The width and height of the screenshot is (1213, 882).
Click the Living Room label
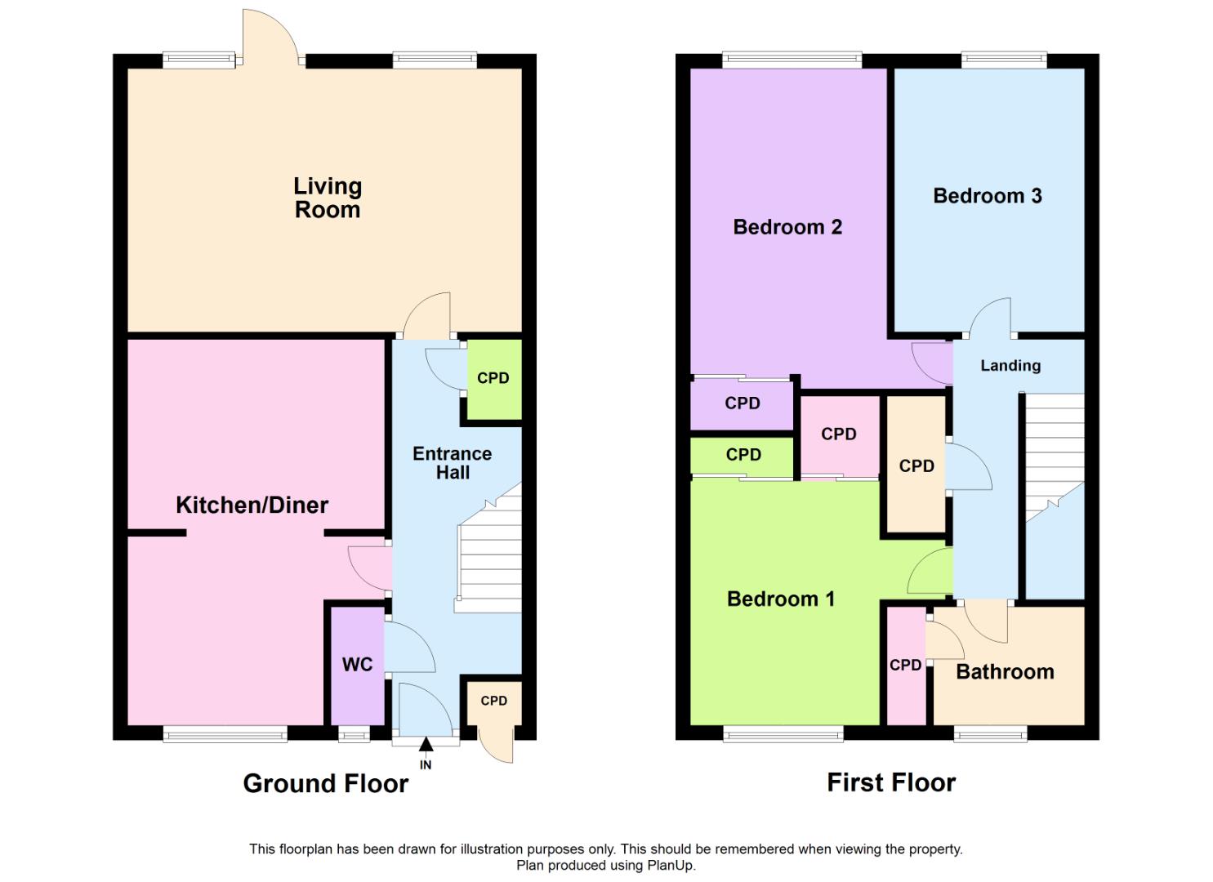click(x=328, y=198)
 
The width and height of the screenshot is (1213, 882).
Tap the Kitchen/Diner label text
click(x=252, y=506)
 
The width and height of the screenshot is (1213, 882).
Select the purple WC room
click(x=358, y=666)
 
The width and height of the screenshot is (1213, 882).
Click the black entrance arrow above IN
click(x=426, y=745)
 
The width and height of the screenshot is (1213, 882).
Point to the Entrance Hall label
click(x=453, y=463)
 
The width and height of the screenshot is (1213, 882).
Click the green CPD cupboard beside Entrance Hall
click(x=494, y=379)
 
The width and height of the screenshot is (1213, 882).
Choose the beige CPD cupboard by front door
click(x=494, y=703)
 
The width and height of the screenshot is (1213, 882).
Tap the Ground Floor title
click(x=325, y=783)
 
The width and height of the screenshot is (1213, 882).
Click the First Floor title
click(x=891, y=782)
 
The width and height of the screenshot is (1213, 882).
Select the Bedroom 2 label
click(x=787, y=227)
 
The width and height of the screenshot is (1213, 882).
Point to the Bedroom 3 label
click(x=988, y=195)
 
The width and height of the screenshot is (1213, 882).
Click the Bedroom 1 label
click(x=780, y=599)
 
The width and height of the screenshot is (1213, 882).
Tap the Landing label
click(x=1010, y=366)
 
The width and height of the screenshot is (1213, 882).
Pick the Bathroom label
click(x=1005, y=671)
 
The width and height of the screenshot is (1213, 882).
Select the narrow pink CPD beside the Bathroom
click(x=907, y=666)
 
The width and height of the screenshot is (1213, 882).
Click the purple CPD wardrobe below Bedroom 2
click(x=742, y=403)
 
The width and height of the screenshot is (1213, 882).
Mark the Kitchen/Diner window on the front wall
click(x=225, y=734)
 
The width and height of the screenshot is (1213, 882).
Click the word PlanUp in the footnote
click(x=671, y=865)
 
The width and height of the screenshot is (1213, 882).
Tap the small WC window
click(x=355, y=735)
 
